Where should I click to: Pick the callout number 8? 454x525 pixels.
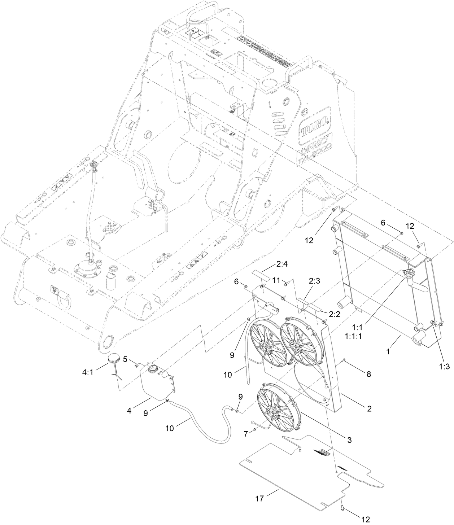(368, 375)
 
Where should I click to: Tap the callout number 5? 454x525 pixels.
(125, 359)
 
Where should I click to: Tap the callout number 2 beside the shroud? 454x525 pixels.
(369, 409)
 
